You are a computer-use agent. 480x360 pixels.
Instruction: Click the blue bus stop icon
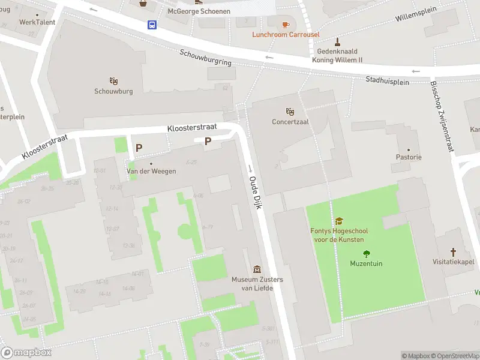(x=152, y=25)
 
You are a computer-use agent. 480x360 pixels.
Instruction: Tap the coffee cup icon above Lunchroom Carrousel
(x=286, y=25)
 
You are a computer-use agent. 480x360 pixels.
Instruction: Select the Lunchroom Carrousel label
(x=286, y=35)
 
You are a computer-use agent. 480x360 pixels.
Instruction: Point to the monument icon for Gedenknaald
(x=337, y=42)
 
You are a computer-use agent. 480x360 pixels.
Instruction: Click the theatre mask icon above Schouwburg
(x=113, y=81)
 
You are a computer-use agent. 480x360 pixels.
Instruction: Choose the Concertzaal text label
(x=290, y=122)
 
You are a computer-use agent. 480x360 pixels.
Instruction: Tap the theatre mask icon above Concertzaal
(x=290, y=112)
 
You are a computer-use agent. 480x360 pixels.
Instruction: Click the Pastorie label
(x=409, y=157)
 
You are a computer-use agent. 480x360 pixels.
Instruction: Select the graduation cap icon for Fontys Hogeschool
(x=339, y=221)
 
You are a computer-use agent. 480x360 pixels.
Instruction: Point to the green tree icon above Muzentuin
(x=366, y=254)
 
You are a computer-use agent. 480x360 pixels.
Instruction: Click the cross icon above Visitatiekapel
(x=454, y=252)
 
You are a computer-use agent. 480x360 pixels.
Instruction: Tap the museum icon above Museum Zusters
(x=257, y=269)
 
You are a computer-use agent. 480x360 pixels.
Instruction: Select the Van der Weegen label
(x=151, y=171)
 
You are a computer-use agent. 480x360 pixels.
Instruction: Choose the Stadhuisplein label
(x=387, y=80)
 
